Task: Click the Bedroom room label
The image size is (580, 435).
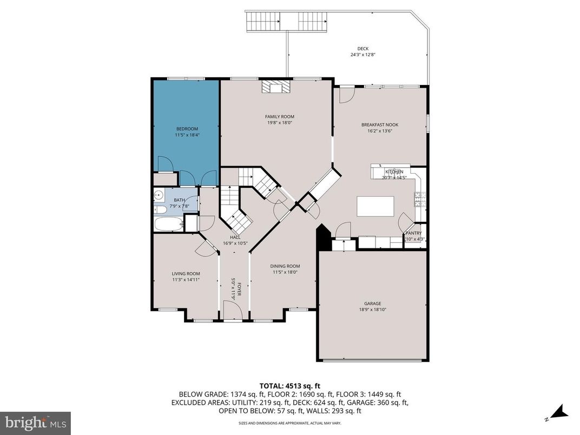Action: click(187, 129)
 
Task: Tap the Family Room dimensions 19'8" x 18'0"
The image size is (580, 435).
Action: click(279, 123)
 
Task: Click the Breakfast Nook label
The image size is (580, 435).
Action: click(376, 125)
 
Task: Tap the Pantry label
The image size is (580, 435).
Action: click(414, 233)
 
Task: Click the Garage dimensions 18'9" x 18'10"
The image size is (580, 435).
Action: click(372, 310)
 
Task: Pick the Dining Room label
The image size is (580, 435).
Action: click(285, 266)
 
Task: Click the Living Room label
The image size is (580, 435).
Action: click(186, 274)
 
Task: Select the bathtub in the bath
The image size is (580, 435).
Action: click(168, 224)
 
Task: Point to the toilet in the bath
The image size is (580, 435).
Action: click(160, 210)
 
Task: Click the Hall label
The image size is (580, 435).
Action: click(235, 237)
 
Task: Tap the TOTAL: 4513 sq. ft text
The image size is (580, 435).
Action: click(289, 386)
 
